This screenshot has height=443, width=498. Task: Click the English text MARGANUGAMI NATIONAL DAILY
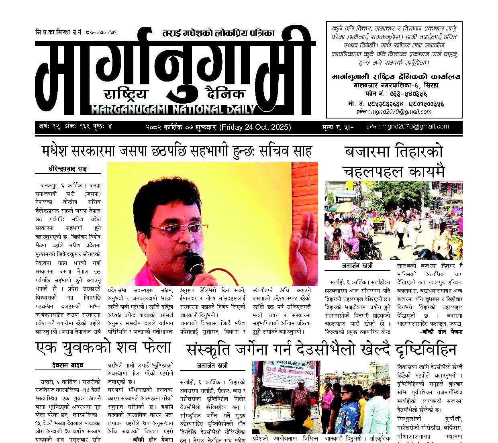(x=173, y=109)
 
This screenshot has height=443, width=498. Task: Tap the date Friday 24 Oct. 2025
(x=255, y=127)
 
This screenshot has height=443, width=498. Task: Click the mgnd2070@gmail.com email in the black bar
(x=415, y=126)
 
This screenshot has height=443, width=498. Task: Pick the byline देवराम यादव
(x=67, y=365)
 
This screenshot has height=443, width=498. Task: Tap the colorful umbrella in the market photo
(x=341, y=207)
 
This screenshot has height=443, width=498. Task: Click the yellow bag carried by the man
(x=308, y=422)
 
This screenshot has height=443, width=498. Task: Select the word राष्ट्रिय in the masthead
(x=126, y=94)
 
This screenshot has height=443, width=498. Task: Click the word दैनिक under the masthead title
(x=224, y=94)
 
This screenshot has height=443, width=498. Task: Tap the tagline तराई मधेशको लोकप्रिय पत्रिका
(x=219, y=33)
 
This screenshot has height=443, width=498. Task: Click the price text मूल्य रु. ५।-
(x=337, y=127)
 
